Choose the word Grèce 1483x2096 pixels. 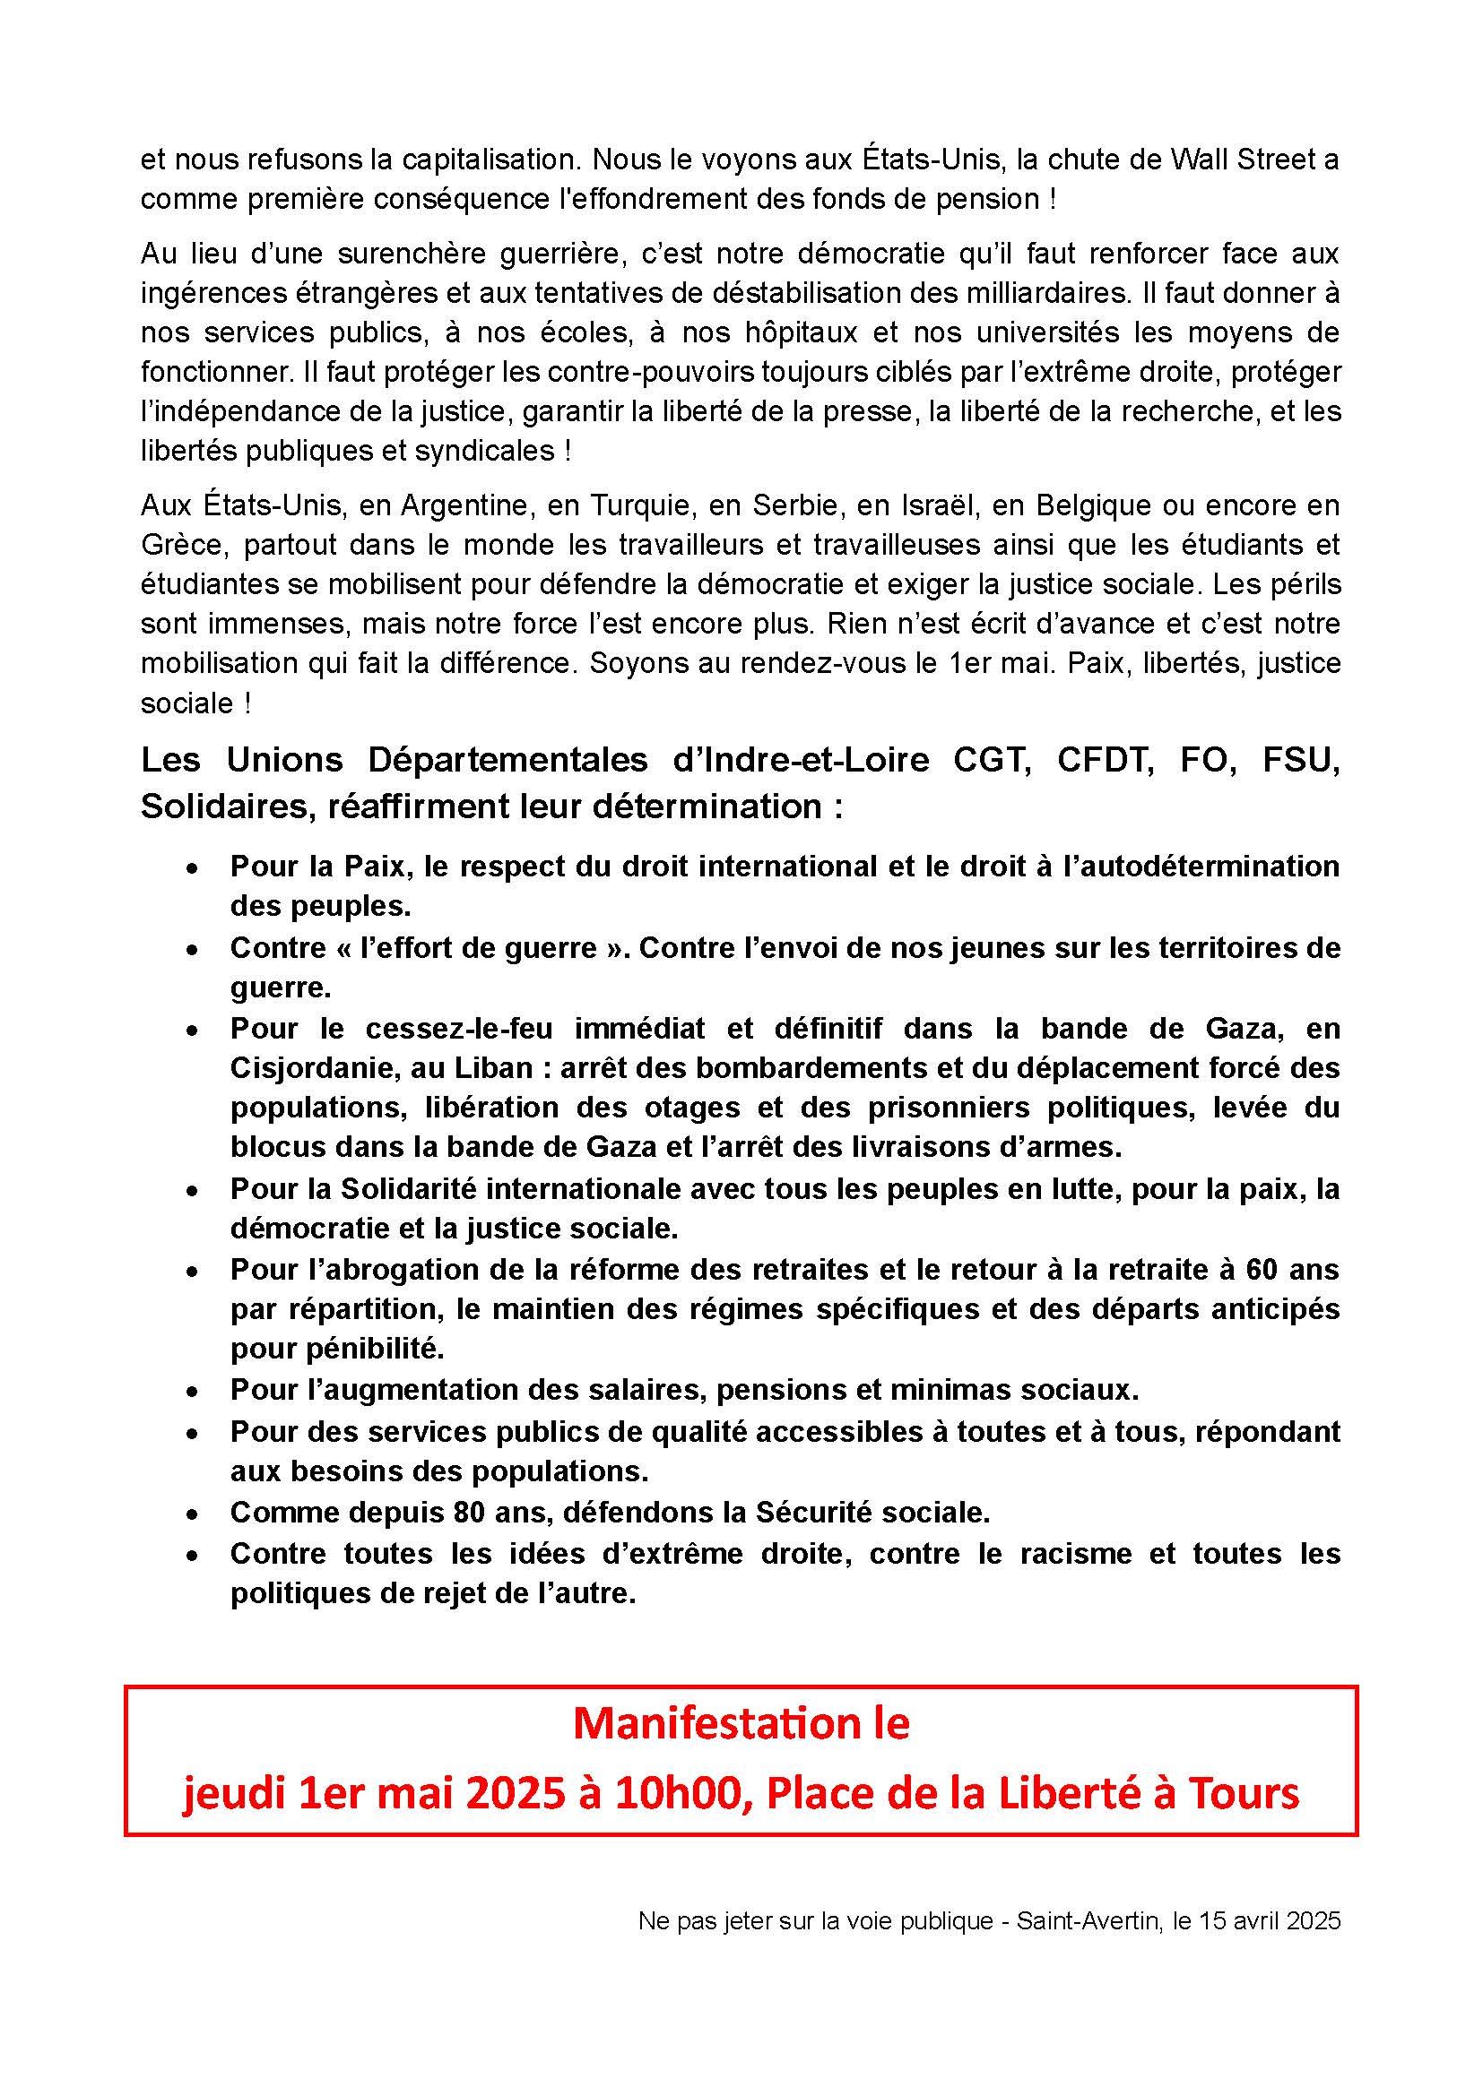tap(180, 545)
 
